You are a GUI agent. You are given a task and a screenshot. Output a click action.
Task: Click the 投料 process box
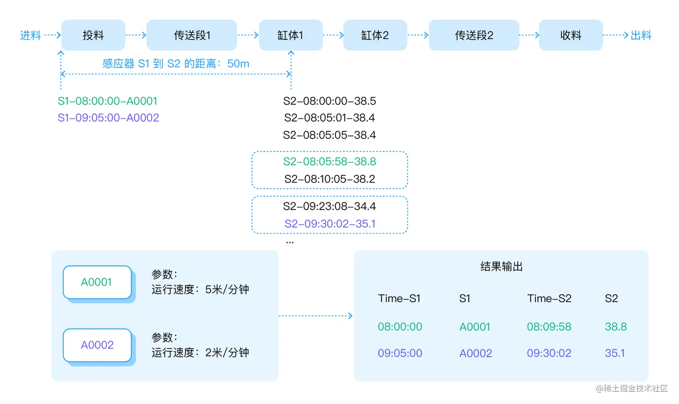pyautogui.click(x=93, y=35)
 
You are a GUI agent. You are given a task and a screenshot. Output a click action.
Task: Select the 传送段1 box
pyautogui.click(x=192, y=35)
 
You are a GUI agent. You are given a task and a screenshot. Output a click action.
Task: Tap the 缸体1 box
pyautogui.click(x=291, y=35)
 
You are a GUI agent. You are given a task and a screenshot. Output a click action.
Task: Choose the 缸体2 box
pyautogui.click(x=375, y=35)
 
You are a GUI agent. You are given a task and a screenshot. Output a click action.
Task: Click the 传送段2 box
pyautogui.click(x=474, y=35)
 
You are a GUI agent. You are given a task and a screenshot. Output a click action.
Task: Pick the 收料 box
pyautogui.click(x=570, y=35)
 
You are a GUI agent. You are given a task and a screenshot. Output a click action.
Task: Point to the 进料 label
pyautogui.click(x=31, y=35)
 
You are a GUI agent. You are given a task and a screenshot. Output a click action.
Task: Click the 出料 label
pyautogui.click(x=641, y=35)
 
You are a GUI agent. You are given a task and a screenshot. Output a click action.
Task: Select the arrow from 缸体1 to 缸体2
pyautogui.click(x=333, y=35)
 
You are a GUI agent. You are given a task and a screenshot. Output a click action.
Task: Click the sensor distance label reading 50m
pyautogui.click(x=176, y=64)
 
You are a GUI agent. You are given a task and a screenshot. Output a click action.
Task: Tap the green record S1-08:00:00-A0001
pyautogui.click(x=107, y=101)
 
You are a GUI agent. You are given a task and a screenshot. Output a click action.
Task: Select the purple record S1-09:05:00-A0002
pyautogui.click(x=108, y=118)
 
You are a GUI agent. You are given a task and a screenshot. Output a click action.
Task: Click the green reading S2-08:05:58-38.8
pyautogui.click(x=330, y=162)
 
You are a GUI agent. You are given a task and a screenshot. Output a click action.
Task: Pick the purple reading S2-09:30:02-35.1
pyautogui.click(x=330, y=224)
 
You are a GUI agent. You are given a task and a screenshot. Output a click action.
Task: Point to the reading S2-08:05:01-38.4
pyautogui.click(x=330, y=118)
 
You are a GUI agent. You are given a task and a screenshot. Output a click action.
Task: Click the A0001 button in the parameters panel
pyautogui.click(x=97, y=282)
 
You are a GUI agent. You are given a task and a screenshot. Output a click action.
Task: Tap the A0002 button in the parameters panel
pyautogui.click(x=97, y=345)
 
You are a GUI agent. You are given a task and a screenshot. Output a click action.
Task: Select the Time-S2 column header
pyautogui.click(x=549, y=298)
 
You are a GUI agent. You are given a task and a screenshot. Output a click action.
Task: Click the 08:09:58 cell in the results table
pyautogui.click(x=549, y=327)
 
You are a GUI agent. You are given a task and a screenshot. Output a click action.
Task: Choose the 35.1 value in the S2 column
pyautogui.click(x=615, y=353)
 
